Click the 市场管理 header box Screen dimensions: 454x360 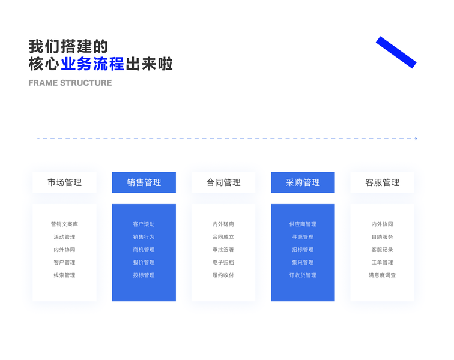(x=64, y=182)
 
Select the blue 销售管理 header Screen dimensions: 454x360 (x=144, y=182)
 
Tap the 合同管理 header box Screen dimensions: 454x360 (x=223, y=182)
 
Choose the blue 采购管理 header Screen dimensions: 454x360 (x=303, y=182)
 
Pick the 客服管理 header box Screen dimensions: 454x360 (x=382, y=182)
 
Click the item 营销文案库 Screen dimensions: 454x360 (x=64, y=224)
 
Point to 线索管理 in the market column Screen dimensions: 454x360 (x=64, y=275)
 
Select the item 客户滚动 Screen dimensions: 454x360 (x=144, y=224)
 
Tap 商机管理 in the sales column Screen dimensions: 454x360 (x=144, y=250)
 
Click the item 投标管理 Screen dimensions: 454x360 (x=144, y=275)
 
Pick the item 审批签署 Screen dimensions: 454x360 (x=223, y=250)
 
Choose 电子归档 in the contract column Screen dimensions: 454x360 (x=223, y=262)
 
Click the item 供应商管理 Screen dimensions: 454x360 (x=303, y=224)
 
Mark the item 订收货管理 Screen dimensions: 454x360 (x=303, y=275)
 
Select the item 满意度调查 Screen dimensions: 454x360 (x=382, y=275)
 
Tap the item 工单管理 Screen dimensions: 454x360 (x=382, y=262)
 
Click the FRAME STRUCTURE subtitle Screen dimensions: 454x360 (x=70, y=83)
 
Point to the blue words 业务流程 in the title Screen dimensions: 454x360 (x=92, y=64)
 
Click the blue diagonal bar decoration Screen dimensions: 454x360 (x=396, y=52)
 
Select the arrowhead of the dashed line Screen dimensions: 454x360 (x=416, y=139)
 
